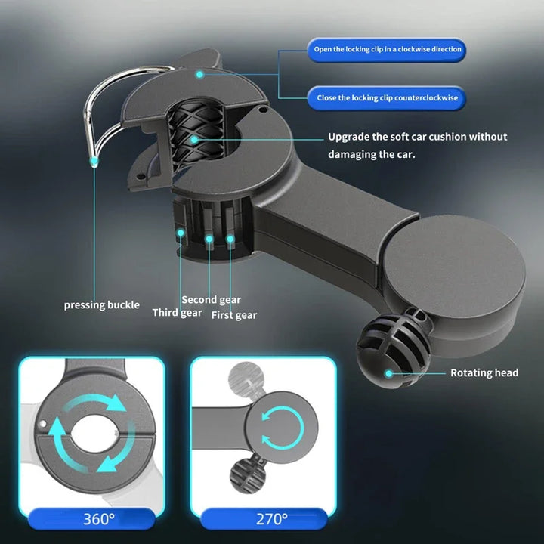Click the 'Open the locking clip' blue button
[x=387, y=50]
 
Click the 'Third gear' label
[x=177, y=313]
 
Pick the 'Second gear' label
[x=211, y=300]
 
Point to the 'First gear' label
[x=234, y=315]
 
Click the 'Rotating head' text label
[x=484, y=372]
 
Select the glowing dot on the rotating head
[x=389, y=372]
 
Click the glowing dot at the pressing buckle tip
[x=94, y=160]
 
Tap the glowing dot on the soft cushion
[x=194, y=140]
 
